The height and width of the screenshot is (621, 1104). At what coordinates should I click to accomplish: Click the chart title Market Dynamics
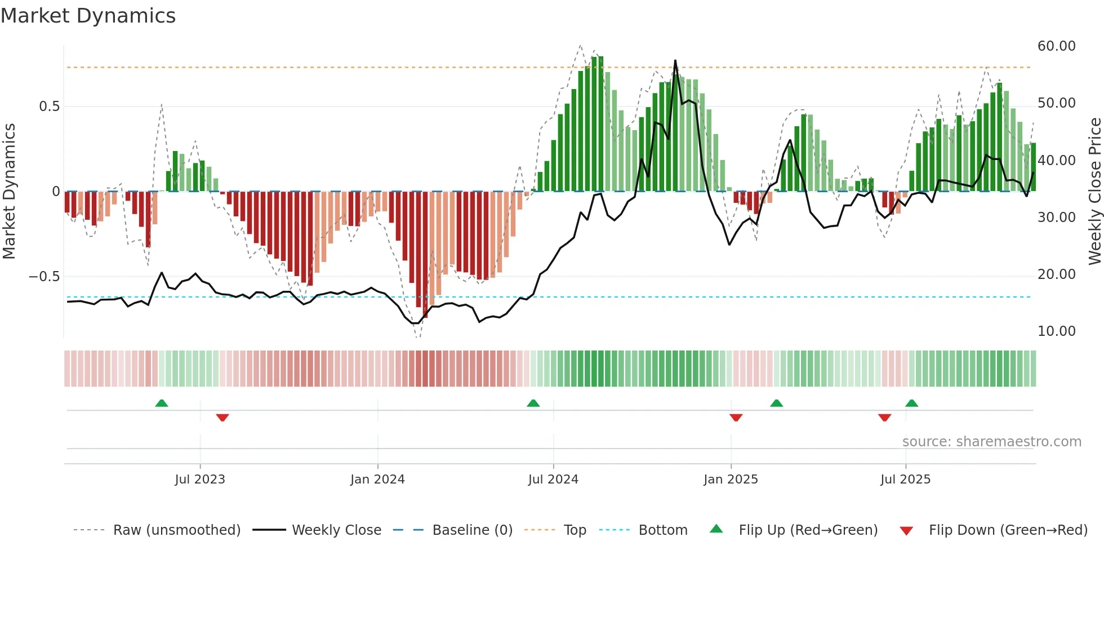pyautogui.click(x=88, y=16)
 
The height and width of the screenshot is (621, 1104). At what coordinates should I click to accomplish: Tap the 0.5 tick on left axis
pyautogui.click(x=49, y=107)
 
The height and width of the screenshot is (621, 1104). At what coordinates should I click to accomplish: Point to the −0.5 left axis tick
pyautogui.click(x=44, y=277)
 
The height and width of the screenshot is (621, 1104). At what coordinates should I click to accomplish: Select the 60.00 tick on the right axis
pyautogui.click(x=1056, y=46)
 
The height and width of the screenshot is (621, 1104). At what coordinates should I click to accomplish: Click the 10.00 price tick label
pyautogui.click(x=1056, y=331)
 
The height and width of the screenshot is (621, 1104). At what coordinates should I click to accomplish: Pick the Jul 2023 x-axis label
pyautogui.click(x=199, y=480)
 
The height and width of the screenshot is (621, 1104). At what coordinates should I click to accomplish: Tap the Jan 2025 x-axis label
pyautogui.click(x=731, y=480)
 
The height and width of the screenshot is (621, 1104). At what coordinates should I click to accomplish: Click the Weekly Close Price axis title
pyautogui.click(x=1094, y=192)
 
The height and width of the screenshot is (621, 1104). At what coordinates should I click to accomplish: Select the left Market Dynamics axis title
pyautogui.click(x=9, y=192)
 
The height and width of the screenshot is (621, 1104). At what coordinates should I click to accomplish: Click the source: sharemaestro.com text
pyautogui.click(x=991, y=442)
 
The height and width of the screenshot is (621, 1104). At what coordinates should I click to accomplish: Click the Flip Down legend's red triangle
pyautogui.click(x=906, y=531)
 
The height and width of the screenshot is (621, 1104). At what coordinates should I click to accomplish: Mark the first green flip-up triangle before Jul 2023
pyautogui.click(x=162, y=403)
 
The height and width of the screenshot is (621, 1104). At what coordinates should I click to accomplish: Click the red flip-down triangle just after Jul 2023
pyautogui.click(x=222, y=418)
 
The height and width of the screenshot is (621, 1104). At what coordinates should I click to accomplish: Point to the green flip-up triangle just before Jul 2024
pyautogui.click(x=533, y=403)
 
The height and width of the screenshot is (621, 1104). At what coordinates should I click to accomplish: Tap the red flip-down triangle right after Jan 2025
pyautogui.click(x=736, y=418)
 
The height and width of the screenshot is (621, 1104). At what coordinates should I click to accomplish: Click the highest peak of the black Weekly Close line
pyautogui.click(x=675, y=61)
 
